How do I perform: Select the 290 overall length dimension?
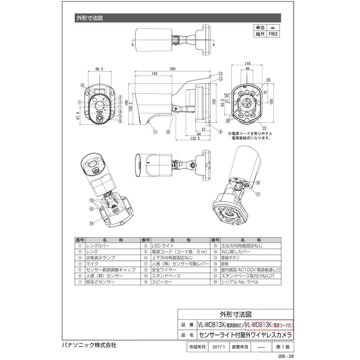point(172,69)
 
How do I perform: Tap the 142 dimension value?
point(154,74)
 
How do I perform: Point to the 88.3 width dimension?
point(100,69)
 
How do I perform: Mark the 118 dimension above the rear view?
point(247,63)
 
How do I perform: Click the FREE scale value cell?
point(274,34)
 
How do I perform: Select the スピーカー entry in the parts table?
point(162,282)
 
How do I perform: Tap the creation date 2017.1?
point(219,348)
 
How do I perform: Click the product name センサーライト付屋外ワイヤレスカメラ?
point(245,335)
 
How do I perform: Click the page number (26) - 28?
point(286,356)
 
